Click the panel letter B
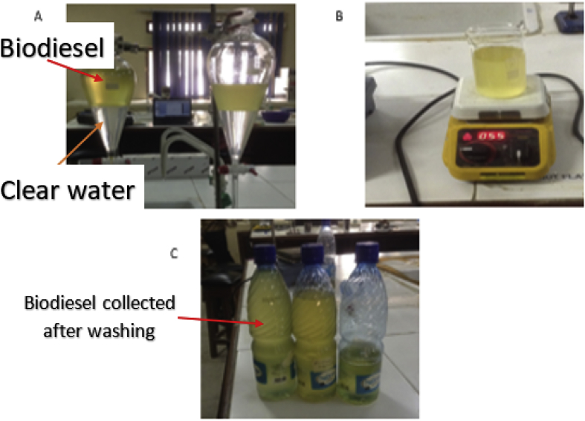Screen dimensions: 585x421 point(340,13)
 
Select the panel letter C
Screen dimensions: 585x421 point(173,253)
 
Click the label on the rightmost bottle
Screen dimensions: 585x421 point(366,379)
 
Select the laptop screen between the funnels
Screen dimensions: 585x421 point(170,111)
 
